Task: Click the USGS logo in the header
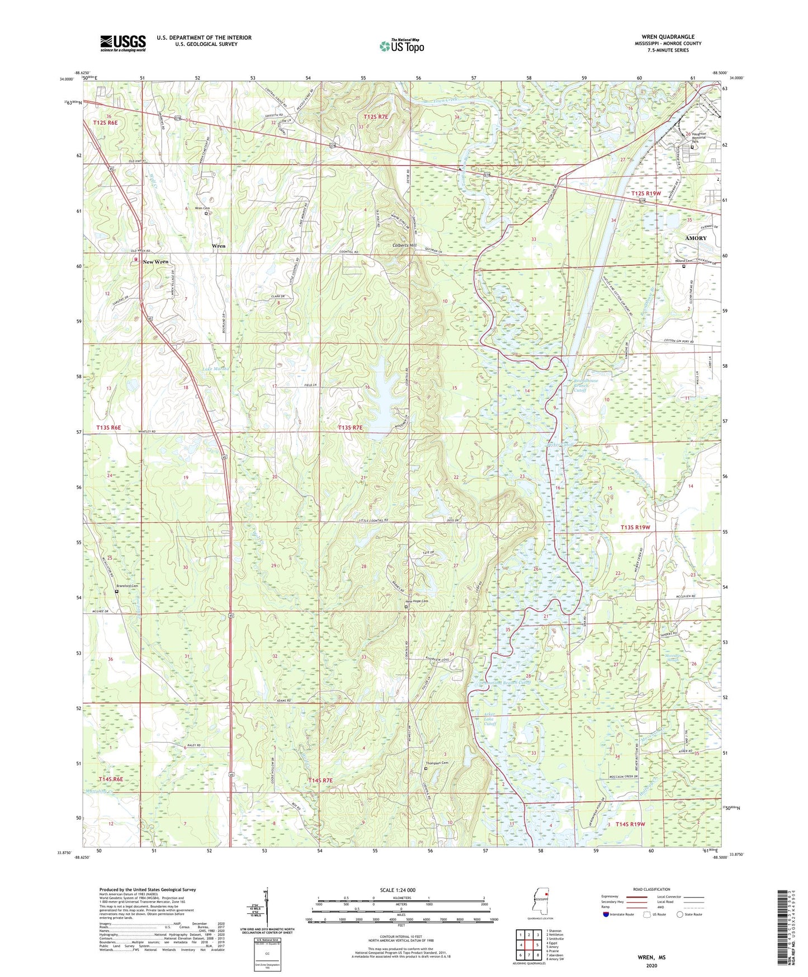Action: (x=123, y=43)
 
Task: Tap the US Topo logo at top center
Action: (x=401, y=46)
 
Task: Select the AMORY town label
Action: (x=696, y=238)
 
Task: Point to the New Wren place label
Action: (x=155, y=262)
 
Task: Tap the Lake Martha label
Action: (x=216, y=369)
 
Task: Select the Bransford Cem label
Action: (x=127, y=586)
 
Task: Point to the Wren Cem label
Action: (x=202, y=208)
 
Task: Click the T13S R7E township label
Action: (x=350, y=428)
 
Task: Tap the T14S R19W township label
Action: (x=630, y=824)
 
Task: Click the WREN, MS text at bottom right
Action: (x=651, y=957)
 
